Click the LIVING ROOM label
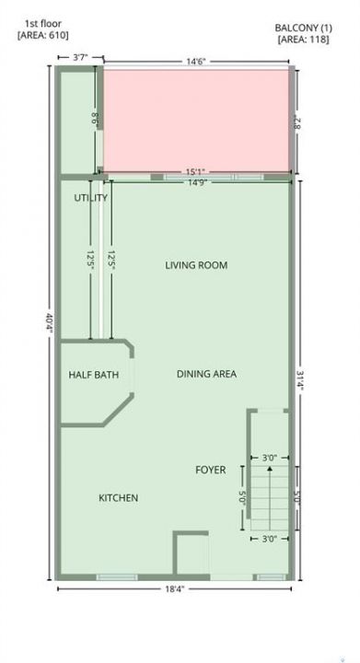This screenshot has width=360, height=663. (196, 265)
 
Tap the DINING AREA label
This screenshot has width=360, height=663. (206, 374)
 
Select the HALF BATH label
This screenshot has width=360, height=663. (93, 375)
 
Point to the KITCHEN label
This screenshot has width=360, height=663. (118, 498)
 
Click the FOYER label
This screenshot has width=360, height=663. (211, 470)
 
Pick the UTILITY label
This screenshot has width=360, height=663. (91, 198)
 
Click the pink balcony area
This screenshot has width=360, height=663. (196, 121)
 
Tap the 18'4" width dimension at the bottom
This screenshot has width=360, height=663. (174, 588)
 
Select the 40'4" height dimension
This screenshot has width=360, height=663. (50, 323)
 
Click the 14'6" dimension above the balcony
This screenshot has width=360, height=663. (195, 62)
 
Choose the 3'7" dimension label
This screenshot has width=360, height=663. (80, 57)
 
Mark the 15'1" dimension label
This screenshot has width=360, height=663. (195, 172)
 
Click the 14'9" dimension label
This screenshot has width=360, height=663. (196, 182)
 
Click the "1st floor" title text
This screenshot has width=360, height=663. (43, 24)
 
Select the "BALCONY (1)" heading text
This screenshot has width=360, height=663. (304, 29)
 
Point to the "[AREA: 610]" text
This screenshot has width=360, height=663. (42, 36)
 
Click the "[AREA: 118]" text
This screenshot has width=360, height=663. (304, 40)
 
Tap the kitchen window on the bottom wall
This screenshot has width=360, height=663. (117, 577)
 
